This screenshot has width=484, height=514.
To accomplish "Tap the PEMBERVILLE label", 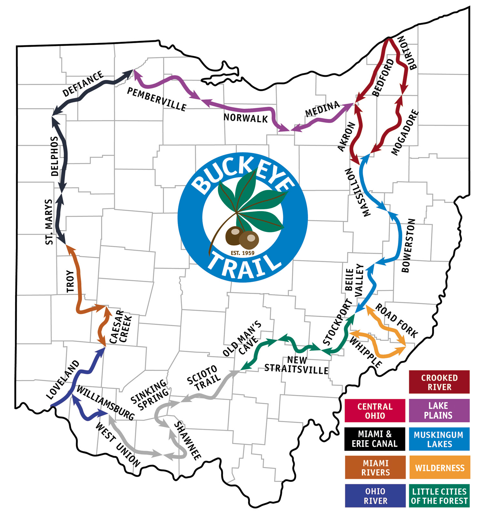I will point(156,99).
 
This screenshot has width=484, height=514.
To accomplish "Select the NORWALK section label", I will point(246,118).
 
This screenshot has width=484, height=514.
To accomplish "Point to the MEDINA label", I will point(322,109).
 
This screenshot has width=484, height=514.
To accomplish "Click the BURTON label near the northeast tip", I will point(407,53).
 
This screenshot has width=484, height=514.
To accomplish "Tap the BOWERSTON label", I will point(408,246).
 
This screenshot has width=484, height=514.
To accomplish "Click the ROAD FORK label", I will point(397,320).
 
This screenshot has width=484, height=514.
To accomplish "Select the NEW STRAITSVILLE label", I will point(297,365).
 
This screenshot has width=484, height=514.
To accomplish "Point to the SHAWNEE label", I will point(187,440).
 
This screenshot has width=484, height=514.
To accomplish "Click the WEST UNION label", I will point(118,445).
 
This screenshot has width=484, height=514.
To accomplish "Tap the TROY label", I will point(70,282).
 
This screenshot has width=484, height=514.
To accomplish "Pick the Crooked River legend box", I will point(439,382).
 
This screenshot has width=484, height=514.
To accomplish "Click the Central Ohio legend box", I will point(375,411).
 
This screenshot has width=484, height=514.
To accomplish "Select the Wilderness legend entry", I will point(439,468).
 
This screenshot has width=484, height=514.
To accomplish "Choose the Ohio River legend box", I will point(375,496).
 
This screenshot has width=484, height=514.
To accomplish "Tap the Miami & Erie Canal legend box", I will point(375,439).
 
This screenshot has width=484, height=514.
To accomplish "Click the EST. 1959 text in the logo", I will point(243,253).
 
